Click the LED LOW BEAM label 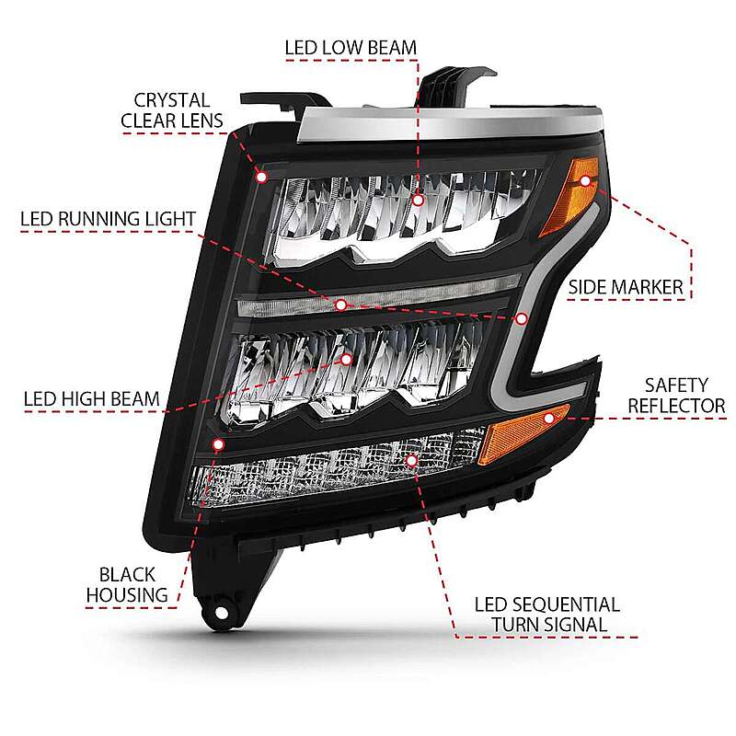coord(351,46)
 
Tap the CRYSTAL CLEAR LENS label coord(172,110)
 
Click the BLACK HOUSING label coord(128,582)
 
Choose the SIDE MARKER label coord(626,287)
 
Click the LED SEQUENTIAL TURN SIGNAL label coord(546,615)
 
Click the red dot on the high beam coord(347,359)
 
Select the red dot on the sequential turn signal coord(411,457)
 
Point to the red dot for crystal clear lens coord(261,175)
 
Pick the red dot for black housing coord(218,444)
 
